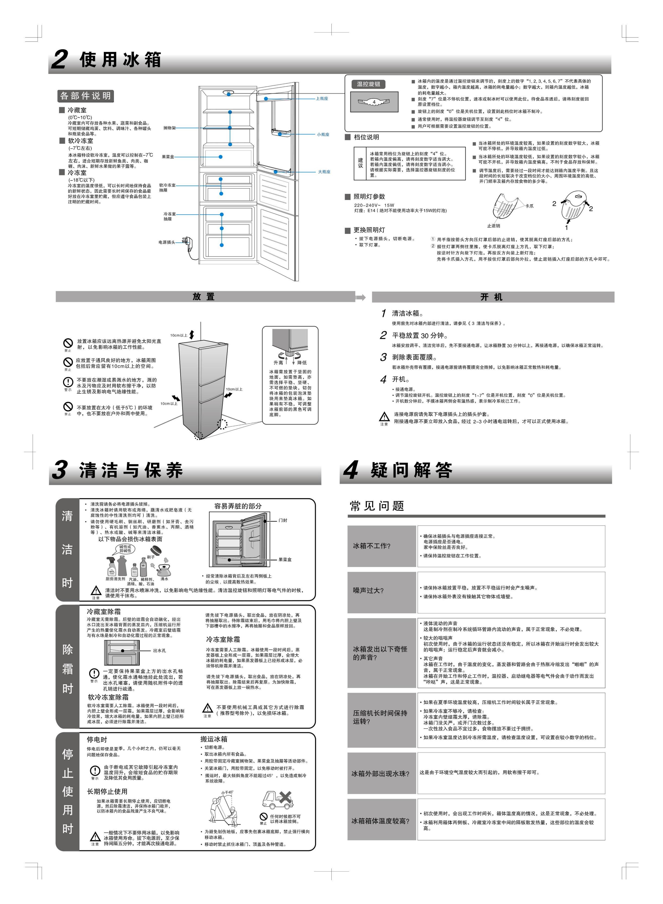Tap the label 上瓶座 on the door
[322, 98]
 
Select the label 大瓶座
[324, 172]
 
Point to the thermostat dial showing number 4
[374, 102]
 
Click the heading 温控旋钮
[368, 84]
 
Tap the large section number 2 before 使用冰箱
[60, 60]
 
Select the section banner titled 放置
[204, 297]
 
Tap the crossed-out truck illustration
[277, 800]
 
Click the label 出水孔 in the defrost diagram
[159, 651]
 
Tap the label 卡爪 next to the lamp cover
[530, 206]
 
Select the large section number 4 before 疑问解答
[351, 470]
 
